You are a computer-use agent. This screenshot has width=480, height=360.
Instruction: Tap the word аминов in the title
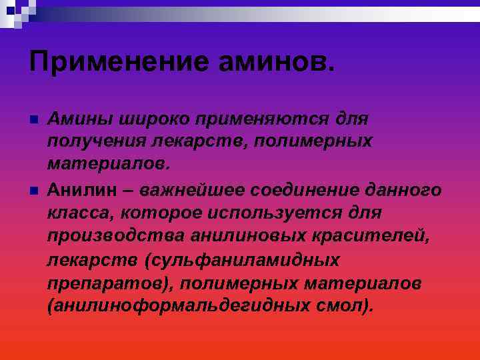(x=274, y=63)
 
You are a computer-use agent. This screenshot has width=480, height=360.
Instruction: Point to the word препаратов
(x=109, y=283)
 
